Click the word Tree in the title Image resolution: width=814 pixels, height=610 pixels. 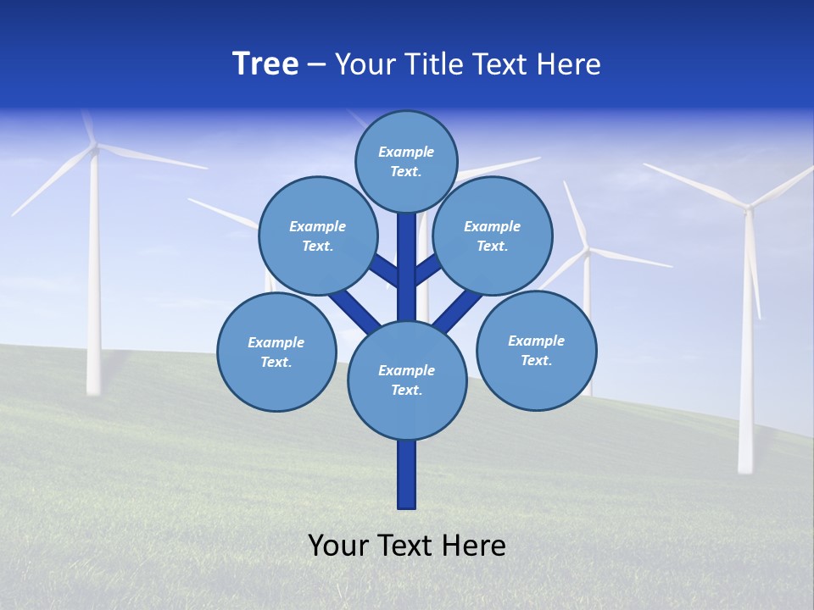tap(265, 64)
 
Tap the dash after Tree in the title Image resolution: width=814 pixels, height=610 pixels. tap(317, 65)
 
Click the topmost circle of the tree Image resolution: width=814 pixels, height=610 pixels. tap(406, 161)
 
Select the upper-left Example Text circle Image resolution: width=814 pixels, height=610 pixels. tap(317, 236)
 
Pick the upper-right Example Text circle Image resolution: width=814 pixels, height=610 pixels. tap(492, 236)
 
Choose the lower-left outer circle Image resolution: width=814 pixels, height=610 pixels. tap(276, 352)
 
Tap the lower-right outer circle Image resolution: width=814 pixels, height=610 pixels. tap(536, 350)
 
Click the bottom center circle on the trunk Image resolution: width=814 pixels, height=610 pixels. tap(407, 380)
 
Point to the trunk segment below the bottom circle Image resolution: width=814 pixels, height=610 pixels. tap(407, 474)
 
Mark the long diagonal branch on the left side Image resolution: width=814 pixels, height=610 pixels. tap(355, 310)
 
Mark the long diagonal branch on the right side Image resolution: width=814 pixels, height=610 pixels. tap(458, 310)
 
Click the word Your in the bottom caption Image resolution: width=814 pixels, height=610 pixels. tap(337, 545)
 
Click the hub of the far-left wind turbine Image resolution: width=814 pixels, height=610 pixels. tap(94, 147)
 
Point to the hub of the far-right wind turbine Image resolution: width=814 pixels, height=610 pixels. tap(748, 206)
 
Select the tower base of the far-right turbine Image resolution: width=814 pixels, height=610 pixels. tap(745, 462)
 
